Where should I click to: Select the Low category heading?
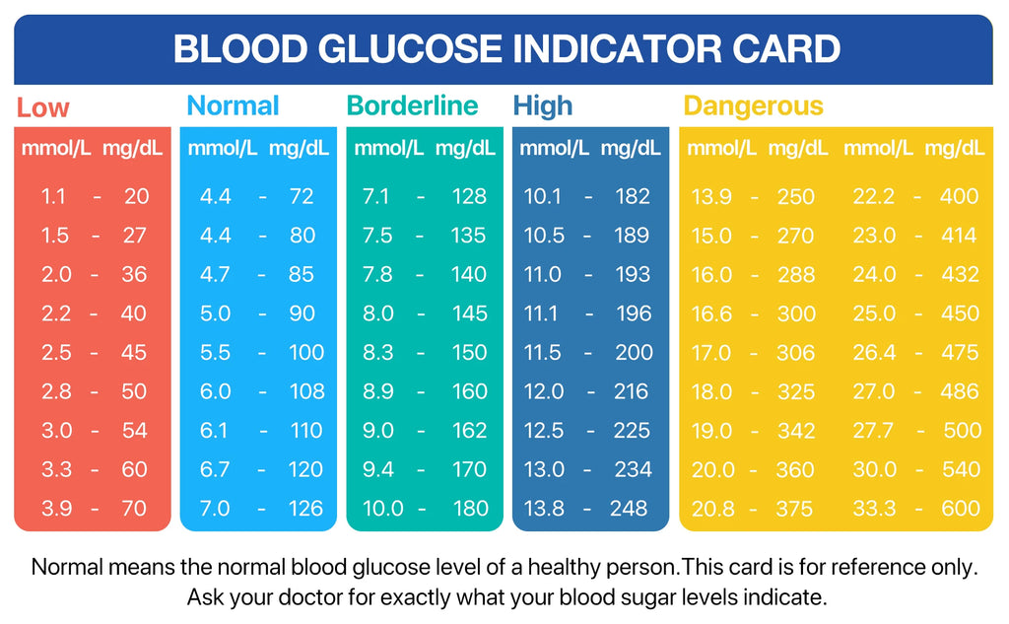(x=43, y=107)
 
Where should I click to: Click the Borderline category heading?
(x=412, y=106)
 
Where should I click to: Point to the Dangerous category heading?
(x=753, y=106)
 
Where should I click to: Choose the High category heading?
(x=542, y=106)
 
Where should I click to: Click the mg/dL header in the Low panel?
(x=133, y=149)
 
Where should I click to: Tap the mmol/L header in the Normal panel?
(x=223, y=149)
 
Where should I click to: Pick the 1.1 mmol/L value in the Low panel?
(x=53, y=196)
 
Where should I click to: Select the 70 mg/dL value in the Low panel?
(x=134, y=509)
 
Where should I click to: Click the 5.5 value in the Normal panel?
(x=216, y=352)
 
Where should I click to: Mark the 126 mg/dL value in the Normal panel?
(x=306, y=509)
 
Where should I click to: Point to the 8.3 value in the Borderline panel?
(x=377, y=352)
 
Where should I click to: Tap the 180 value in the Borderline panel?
(x=469, y=509)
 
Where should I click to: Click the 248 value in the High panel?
(x=629, y=509)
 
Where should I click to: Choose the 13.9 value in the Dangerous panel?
(x=711, y=196)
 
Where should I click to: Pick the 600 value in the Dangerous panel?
(x=960, y=509)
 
